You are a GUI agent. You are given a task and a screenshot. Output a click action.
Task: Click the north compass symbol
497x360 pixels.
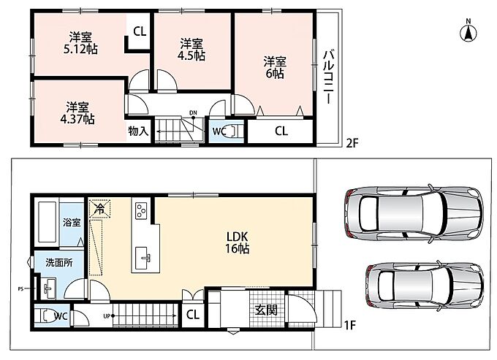tap(468, 31)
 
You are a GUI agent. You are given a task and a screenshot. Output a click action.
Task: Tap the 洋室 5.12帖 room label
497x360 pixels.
tap(80, 43)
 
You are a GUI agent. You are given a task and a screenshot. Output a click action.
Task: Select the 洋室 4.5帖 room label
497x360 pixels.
tap(191, 50)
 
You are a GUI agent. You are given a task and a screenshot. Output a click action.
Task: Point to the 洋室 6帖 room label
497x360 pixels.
tap(275, 67)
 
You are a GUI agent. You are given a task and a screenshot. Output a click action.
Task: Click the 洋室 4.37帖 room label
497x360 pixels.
tap(77, 113)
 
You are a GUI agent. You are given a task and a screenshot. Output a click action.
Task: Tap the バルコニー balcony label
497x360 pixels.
tap(328, 76)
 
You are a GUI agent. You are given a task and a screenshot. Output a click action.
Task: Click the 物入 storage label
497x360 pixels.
tap(138, 131)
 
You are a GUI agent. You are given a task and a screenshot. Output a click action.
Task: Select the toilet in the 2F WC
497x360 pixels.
tap(235, 131)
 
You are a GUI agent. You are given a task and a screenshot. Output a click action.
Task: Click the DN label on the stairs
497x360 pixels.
tap(193, 112)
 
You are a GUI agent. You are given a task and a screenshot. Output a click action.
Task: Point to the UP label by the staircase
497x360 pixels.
tap(106, 315)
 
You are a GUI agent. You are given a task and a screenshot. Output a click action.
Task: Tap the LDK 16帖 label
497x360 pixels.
tap(237, 242)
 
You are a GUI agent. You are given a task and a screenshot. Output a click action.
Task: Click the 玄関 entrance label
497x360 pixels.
tap(267, 310)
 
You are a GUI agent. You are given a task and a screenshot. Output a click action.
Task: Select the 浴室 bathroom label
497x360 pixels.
tap(72, 222)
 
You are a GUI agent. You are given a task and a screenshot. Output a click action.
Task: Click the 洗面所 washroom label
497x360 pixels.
tap(59, 262)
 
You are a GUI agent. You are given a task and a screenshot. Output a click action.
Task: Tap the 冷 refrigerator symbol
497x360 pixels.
tap(100, 208)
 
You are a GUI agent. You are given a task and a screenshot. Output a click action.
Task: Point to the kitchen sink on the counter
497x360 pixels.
tap(145, 258)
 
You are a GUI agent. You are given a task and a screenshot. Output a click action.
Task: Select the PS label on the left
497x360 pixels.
tap(20, 288)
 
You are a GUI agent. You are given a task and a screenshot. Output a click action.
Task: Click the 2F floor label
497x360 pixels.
tap(352, 143)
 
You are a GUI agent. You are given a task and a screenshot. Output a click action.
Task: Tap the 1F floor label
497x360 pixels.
tap(351, 325)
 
